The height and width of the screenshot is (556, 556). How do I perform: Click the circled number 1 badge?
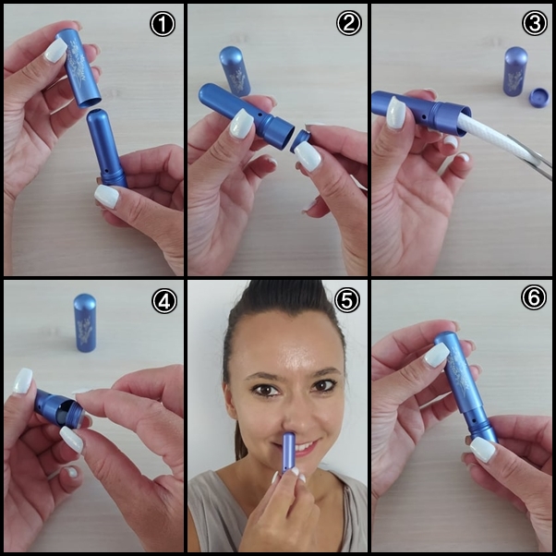click(x=163, y=24)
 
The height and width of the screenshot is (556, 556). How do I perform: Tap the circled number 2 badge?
click(x=348, y=23)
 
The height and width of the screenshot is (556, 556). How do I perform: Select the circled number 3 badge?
click(x=535, y=23)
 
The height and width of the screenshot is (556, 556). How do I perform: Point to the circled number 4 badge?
click(x=164, y=301)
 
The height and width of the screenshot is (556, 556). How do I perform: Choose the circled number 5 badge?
click(x=347, y=300)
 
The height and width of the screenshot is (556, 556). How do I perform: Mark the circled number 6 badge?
click(x=534, y=297)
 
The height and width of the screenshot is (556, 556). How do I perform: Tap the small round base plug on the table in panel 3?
click(x=538, y=98)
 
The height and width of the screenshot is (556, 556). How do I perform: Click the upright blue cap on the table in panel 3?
click(x=515, y=71)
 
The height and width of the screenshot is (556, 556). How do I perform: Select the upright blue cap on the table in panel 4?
click(x=84, y=322)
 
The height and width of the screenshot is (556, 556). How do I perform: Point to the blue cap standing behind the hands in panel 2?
click(x=235, y=71)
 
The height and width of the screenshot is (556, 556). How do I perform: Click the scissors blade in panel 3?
click(x=529, y=156)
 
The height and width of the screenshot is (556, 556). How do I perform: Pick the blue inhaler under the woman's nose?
click(x=288, y=453)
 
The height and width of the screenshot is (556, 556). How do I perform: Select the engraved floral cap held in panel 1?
click(x=78, y=67)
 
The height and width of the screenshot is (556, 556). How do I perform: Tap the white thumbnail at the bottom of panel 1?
click(x=107, y=196)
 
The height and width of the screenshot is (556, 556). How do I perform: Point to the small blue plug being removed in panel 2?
click(x=299, y=140)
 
